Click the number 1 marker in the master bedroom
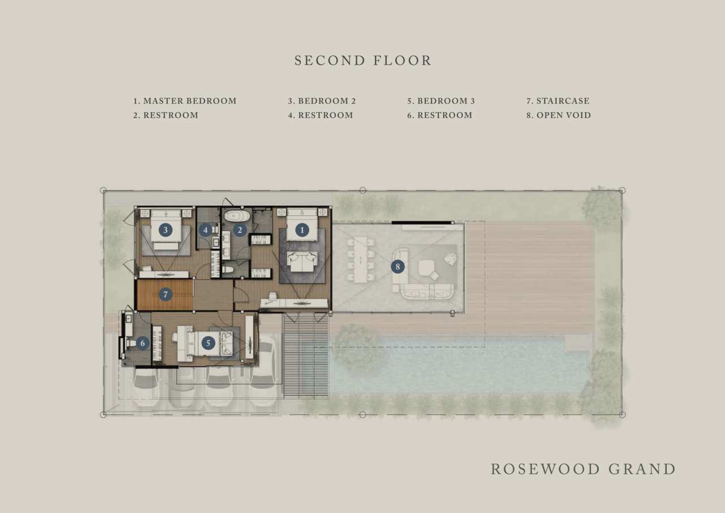pyautogui.click(x=302, y=230)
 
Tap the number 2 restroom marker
pyautogui.click(x=240, y=230)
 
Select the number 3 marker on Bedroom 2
pyautogui.click(x=165, y=230)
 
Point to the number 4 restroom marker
pyautogui.click(x=205, y=230)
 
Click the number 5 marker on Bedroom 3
pyautogui.click(x=208, y=343)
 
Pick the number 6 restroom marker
pyautogui.click(x=142, y=343)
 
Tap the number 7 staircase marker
pyautogui.click(x=165, y=294)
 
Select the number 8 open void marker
pyautogui.click(x=398, y=267)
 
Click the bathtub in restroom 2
pyautogui.click(x=237, y=216)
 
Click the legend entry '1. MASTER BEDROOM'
pyautogui.click(x=185, y=101)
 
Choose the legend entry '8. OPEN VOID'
pyautogui.click(x=558, y=115)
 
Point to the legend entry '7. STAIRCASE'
pyautogui.click(x=558, y=101)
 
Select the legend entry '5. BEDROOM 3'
pyautogui.click(x=441, y=101)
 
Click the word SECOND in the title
pyautogui.click(x=330, y=61)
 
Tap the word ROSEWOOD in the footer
pyautogui.click(x=545, y=469)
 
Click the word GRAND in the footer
pyautogui.click(x=642, y=469)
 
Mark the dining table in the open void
pyautogui.click(x=361, y=260)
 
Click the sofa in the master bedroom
pyautogui.click(x=302, y=262)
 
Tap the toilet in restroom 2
pyautogui.click(x=228, y=269)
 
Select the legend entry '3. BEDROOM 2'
pyautogui.click(x=322, y=101)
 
